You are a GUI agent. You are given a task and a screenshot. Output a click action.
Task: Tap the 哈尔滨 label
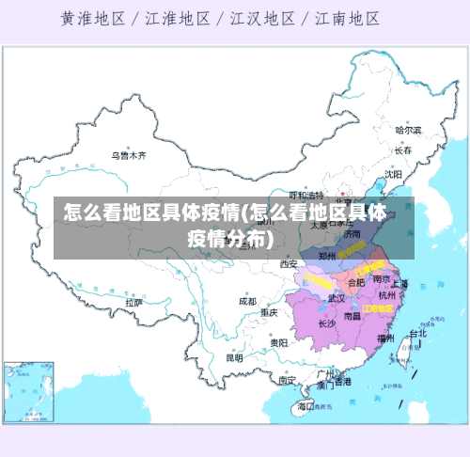408,131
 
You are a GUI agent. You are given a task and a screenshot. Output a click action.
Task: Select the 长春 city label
403,150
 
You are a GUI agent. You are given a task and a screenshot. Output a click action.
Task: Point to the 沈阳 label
393,174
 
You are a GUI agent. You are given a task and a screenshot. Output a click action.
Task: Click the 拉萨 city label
133,303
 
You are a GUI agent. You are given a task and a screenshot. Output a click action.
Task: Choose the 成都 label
247,302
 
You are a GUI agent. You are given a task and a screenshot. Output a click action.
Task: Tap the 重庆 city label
270,312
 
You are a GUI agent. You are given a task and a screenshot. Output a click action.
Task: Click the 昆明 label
235,357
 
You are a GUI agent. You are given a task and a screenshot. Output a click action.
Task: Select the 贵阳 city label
278,343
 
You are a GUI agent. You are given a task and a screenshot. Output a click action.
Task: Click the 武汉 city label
337,298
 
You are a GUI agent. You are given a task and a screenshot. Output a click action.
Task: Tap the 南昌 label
352,317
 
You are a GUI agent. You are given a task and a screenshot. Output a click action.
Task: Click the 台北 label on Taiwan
416,333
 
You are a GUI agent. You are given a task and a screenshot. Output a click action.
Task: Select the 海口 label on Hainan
304,406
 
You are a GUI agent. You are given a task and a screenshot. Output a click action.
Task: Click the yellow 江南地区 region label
379,307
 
